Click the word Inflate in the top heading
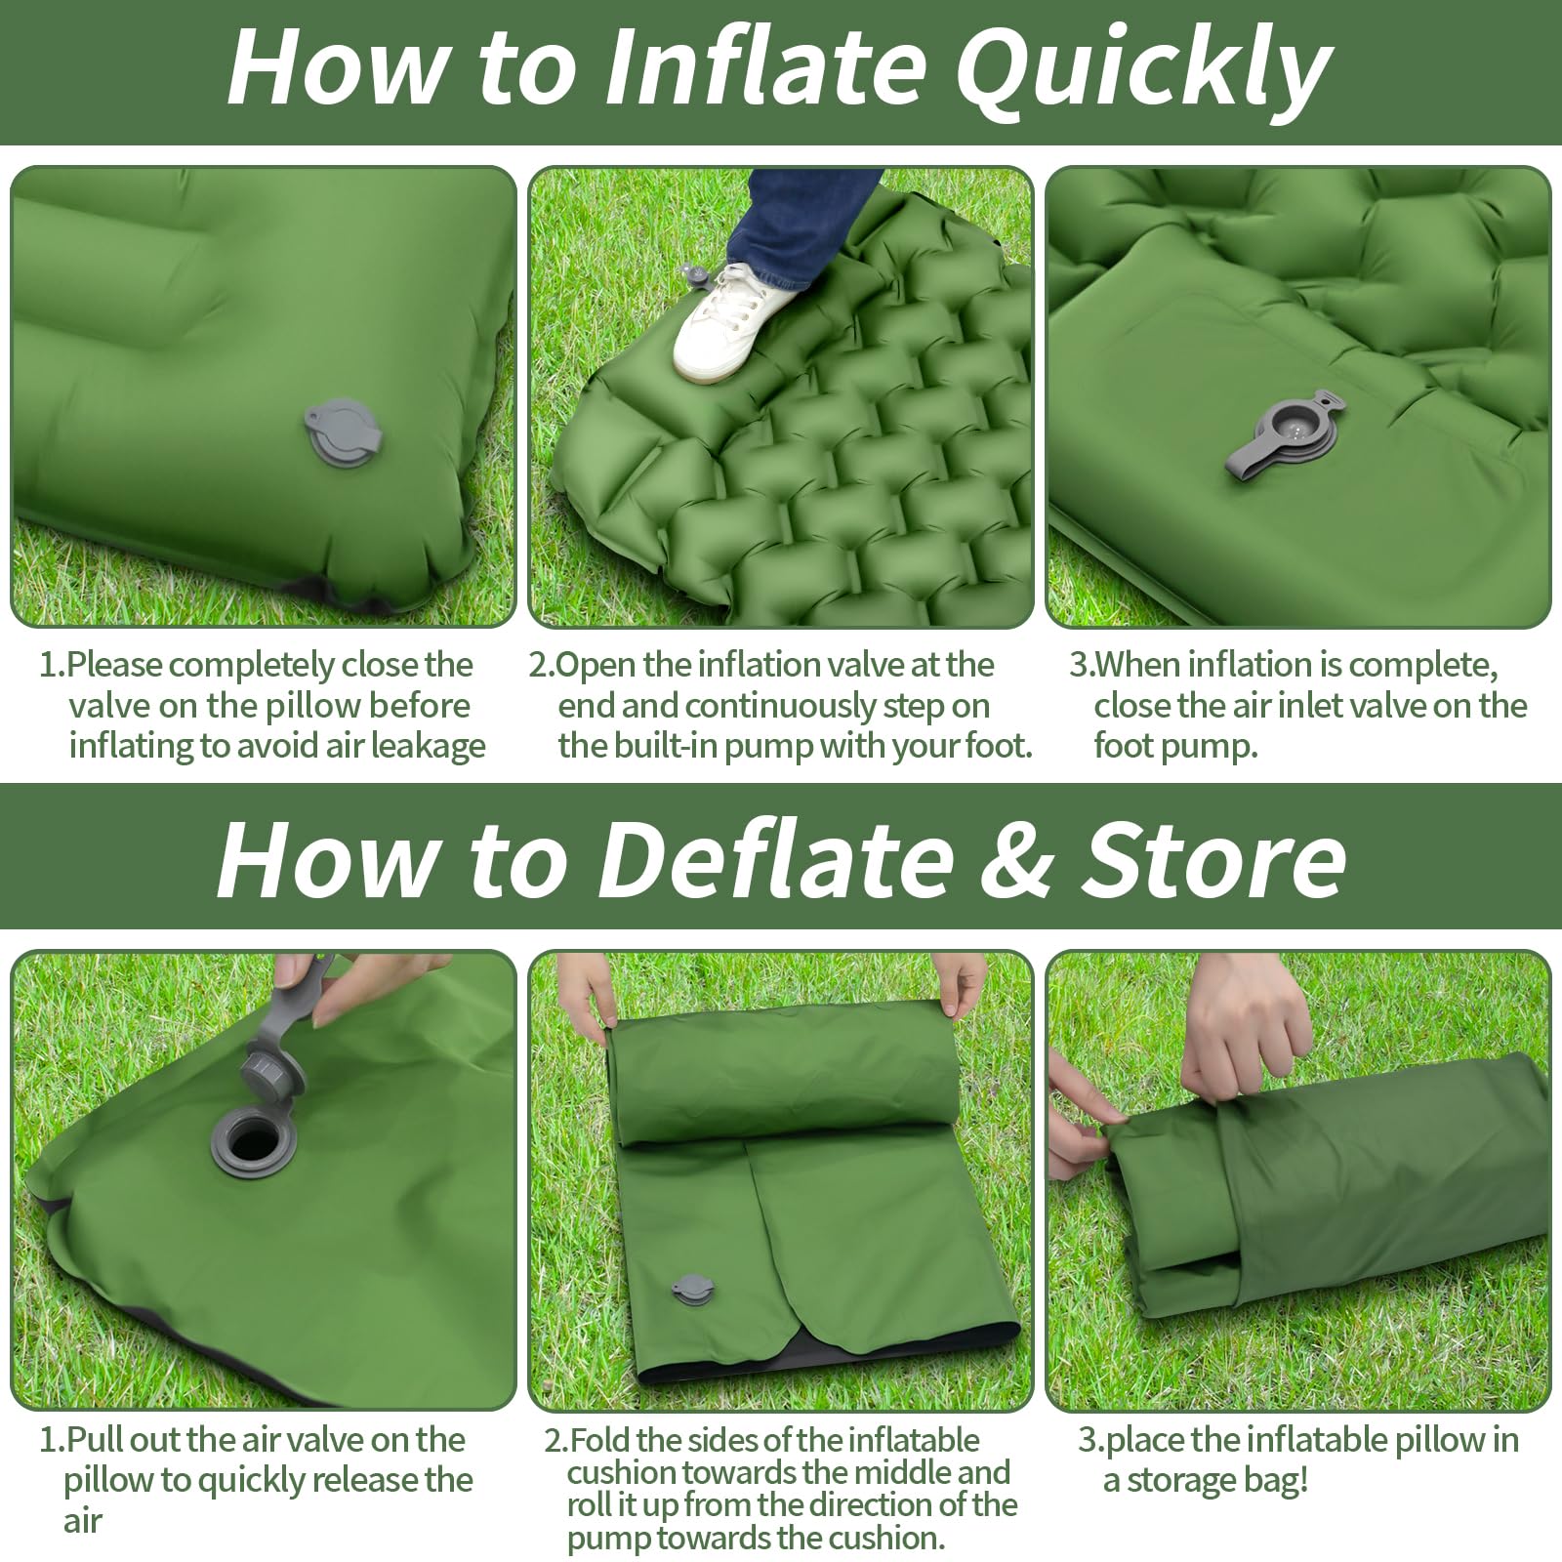click(764, 66)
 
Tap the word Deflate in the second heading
click(775, 858)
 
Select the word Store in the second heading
click(1213, 858)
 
